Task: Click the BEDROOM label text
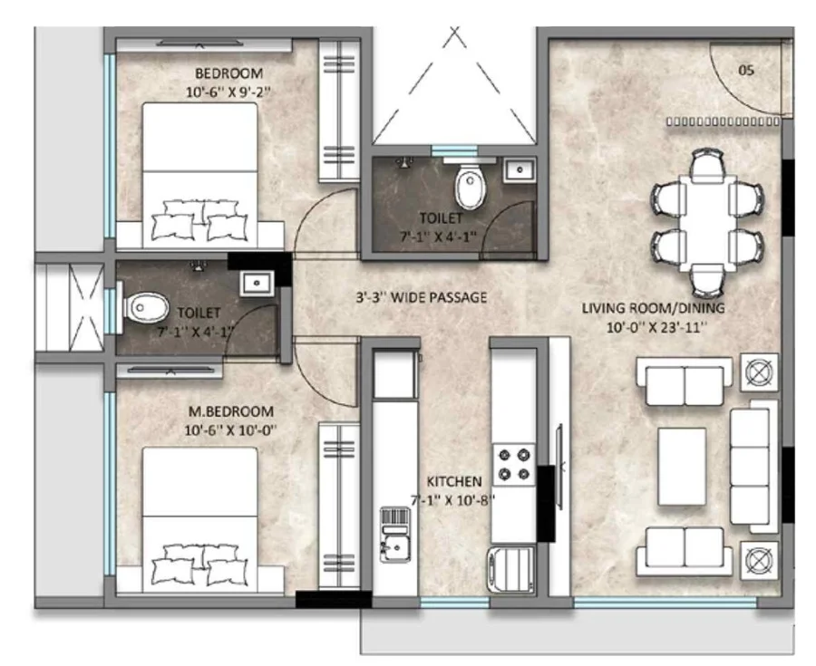point(228,72)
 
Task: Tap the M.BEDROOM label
point(230,411)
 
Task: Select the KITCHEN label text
point(454,481)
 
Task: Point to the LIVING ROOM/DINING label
point(653,308)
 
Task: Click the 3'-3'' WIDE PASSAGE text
point(422,297)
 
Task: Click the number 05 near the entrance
point(746,70)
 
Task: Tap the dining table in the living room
point(707,223)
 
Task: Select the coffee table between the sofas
point(682,467)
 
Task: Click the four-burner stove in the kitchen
point(514,464)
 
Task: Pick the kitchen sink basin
point(395,547)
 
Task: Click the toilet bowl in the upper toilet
point(470,186)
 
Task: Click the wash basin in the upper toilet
point(519,170)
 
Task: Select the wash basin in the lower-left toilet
point(256,284)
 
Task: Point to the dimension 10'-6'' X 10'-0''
point(230,430)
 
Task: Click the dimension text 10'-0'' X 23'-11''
point(656,327)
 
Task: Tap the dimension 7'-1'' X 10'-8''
point(452,501)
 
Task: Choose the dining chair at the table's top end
point(707,165)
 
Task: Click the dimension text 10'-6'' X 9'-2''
point(228,92)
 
